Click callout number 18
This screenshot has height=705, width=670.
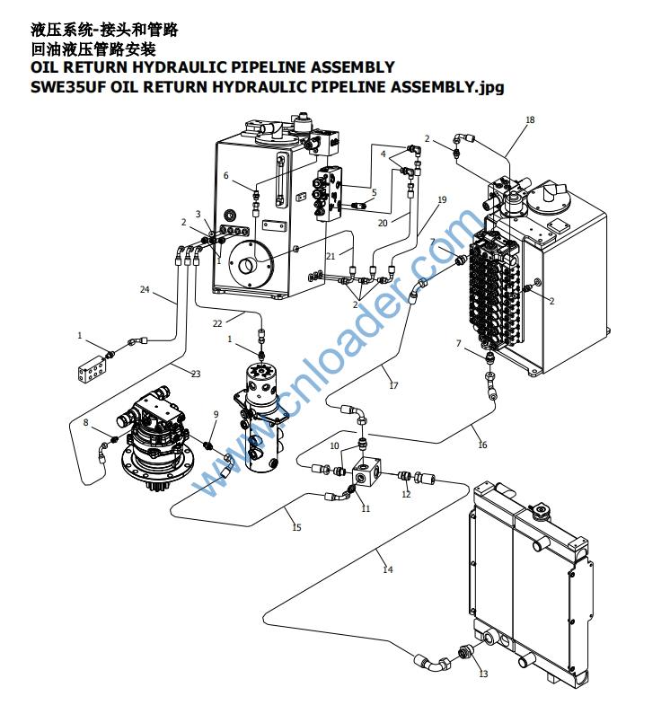point(530,119)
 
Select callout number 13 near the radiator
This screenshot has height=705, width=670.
point(483,674)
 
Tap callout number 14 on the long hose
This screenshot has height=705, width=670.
point(388,569)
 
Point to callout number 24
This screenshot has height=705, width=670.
point(145,289)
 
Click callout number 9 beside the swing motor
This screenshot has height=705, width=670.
point(216,414)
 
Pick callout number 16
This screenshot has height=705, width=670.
point(482,445)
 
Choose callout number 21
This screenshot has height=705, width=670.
point(331,256)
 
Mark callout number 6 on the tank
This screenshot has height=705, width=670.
point(226,175)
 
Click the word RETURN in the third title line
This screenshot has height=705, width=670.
point(94,67)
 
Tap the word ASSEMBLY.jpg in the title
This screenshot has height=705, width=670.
point(447,87)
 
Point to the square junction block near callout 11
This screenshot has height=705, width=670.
point(366,472)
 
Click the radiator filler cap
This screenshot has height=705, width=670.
point(539,511)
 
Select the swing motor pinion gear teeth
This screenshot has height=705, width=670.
point(158,485)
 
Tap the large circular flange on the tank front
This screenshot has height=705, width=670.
point(251,264)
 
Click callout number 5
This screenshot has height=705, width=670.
point(375,192)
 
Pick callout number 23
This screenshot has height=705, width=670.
point(196,374)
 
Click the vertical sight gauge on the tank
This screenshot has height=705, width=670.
point(280,180)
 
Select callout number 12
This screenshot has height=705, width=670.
point(406,494)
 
